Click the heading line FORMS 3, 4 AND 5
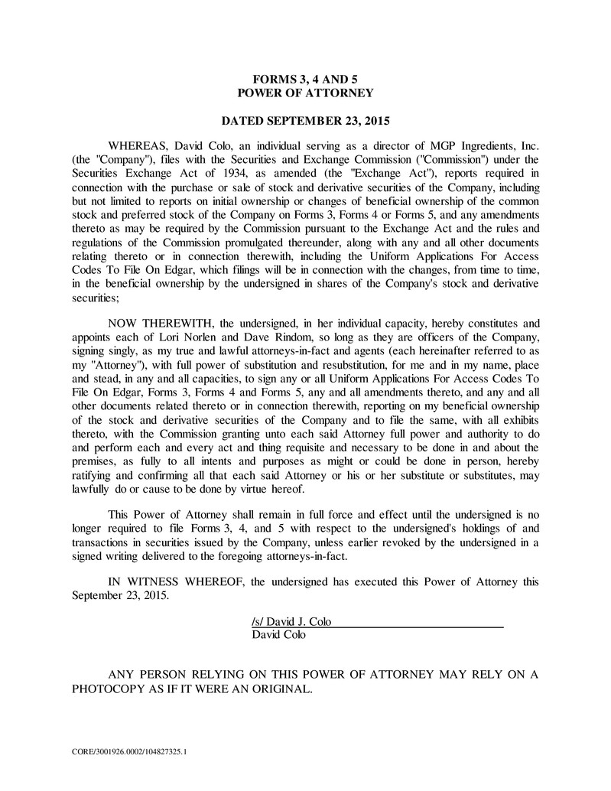[x=305, y=79]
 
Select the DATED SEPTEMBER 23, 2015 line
[x=305, y=121]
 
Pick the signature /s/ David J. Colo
[x=291, y=622]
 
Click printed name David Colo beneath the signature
[x=278, y=635]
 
